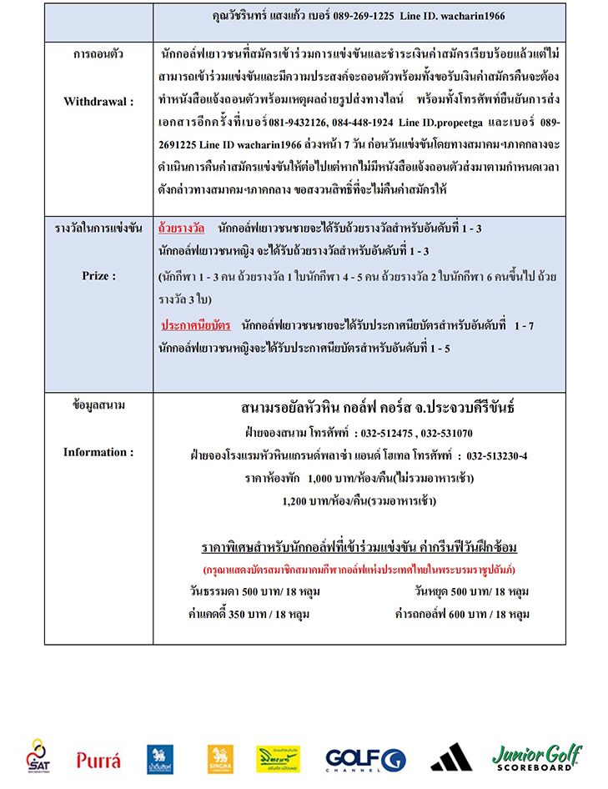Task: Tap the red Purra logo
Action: (98, 759)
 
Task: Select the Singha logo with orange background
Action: (220, 759)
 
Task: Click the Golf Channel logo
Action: (365, 759)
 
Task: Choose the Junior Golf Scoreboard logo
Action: (536, 756)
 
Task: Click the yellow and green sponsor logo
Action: (278, 759)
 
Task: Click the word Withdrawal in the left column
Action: (98, 101)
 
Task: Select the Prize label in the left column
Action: (98, 274)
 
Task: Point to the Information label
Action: (98, 452)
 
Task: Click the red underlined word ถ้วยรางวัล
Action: (183, 227)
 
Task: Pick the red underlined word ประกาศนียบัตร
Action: (196, 324)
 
